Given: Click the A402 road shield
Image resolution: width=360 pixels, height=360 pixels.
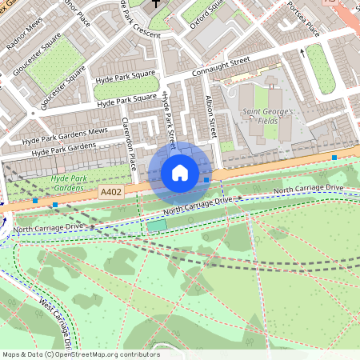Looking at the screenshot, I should (111, 192).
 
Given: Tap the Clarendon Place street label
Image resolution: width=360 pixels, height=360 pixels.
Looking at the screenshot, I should (129, 144).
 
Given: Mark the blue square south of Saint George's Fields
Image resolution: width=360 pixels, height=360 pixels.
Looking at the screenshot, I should (334, 158).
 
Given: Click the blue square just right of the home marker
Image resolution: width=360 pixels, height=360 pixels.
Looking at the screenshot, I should (207, 180).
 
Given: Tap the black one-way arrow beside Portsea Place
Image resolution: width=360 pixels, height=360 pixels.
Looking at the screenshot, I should (303, 53).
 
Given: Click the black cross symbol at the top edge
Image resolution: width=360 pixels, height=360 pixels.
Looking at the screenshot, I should (157, 3).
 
